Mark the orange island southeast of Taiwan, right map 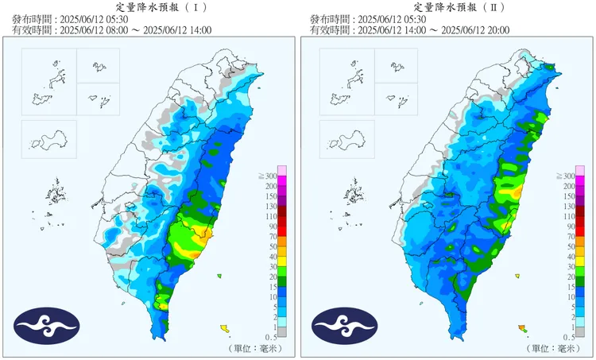click(521, 327)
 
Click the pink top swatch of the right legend click(580, 170)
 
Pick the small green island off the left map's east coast click(218, 276)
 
